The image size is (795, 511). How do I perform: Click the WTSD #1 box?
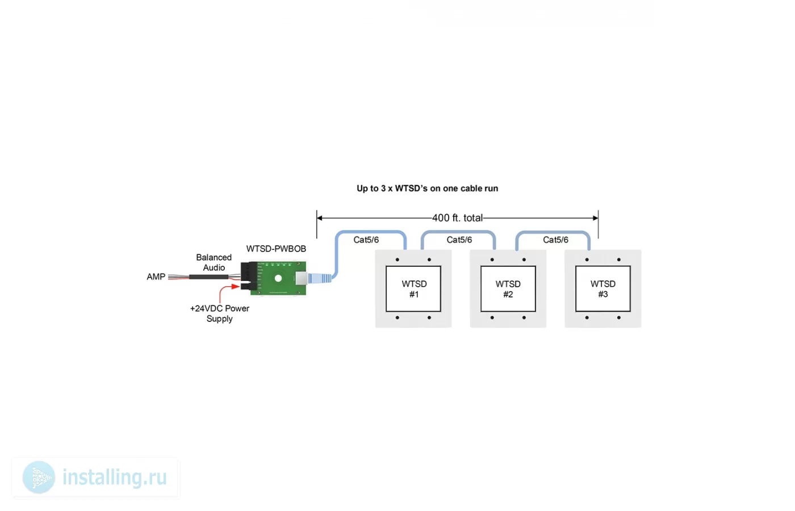click(x=413, y=289)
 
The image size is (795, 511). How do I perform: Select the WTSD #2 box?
click(x=508, y=289)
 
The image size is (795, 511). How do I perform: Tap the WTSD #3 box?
click(x=603, y=289)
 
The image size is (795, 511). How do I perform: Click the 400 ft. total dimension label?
click(x=458, y=218)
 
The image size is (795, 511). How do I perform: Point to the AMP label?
click(x=156, y=277)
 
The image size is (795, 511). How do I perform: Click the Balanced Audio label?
click(x=214, y=262)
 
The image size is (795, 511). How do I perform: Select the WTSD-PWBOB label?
click(x=276, y=249)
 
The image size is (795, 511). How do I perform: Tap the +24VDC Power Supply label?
click(x=220, y=313)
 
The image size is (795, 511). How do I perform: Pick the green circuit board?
click(x=278, y=278)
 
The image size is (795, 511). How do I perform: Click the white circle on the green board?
click(x=278, y=279)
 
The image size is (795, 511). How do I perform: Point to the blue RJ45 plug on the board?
click(x=320, y=278)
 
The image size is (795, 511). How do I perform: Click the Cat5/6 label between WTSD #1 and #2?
click(x=459, y=240)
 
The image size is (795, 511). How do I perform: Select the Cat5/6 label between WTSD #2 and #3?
click(x=555, y=240)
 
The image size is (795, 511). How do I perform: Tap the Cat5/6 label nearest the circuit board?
click(x=366, y=240)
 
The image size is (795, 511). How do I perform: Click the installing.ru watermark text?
click(x=115, y=477)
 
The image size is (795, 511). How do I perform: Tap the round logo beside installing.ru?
click(x=39, y=478)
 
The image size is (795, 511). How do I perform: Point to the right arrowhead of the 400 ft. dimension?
click(x=596, y=218)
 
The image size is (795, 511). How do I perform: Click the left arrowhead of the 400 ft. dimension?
click(x=319, y=218)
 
